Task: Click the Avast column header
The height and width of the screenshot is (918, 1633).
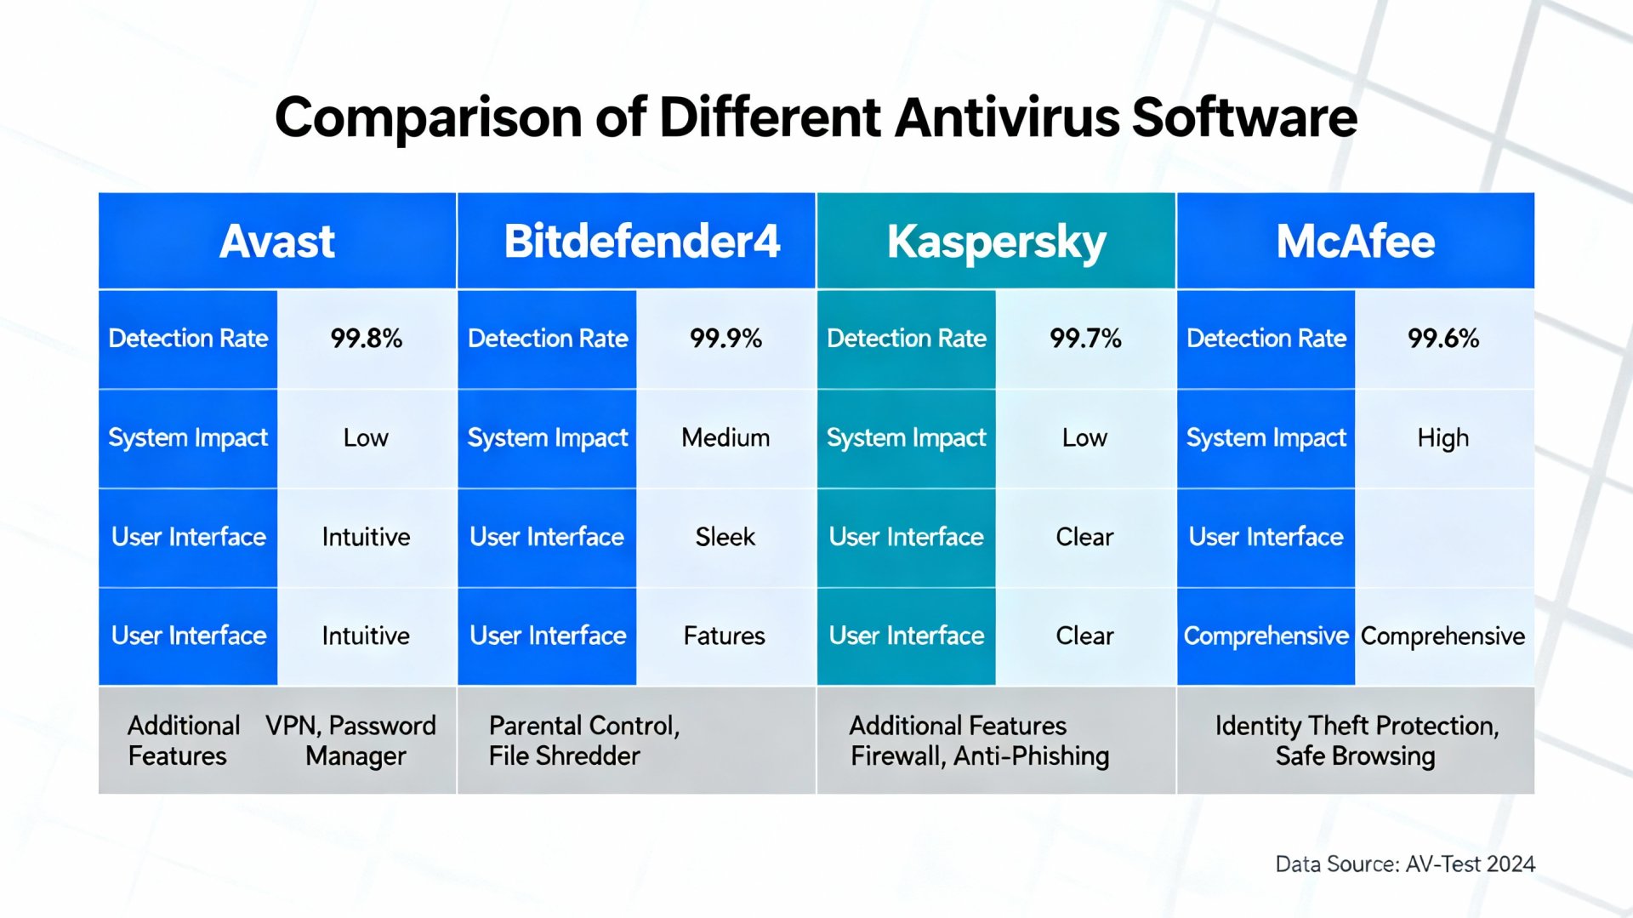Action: pos(277,242)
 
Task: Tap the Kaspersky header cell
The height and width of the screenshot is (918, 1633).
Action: pos(996,242)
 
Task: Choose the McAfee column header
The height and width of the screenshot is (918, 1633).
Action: pos(1355,242)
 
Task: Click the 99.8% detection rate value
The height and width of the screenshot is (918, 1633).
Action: pos(366,339)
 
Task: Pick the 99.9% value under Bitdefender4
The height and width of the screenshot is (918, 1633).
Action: pos(725,339)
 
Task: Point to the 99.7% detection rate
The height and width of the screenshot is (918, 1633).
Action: pos(1085,339)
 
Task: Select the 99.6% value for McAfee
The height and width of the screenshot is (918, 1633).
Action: pos(1443,339)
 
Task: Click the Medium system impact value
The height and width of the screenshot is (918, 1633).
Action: pos(725,438)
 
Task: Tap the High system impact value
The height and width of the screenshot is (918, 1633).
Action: pos(1443,438)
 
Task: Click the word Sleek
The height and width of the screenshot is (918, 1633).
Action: pos(725,537)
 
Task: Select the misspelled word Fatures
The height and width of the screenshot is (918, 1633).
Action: pos(725,636)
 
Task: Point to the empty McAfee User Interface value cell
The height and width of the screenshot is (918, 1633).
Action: pos(1443,537)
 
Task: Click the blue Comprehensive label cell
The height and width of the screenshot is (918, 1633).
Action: pos(1266,636)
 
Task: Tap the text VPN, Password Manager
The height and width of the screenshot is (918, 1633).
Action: pos(352,740)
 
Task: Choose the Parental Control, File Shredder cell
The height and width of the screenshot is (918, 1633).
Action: pos(584,740)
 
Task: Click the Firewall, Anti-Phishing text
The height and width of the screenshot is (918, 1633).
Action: pos(980,756)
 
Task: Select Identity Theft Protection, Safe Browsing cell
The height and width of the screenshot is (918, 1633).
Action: pos(1356,740)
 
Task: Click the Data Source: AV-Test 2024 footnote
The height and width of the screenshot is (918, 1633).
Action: pos(1405,864)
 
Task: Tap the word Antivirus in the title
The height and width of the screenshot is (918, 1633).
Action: pos(1007,117)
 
